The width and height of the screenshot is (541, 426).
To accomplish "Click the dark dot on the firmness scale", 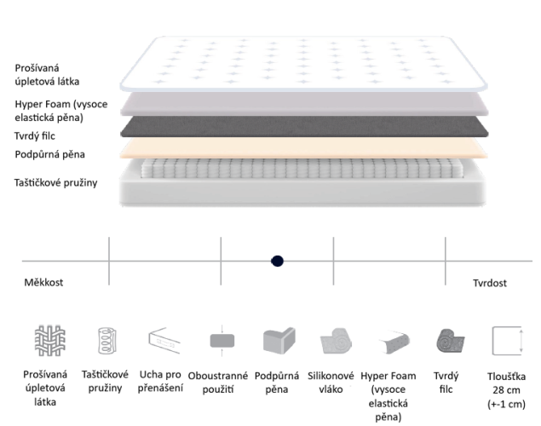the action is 277,261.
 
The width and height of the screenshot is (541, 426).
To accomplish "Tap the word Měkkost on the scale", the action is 43,283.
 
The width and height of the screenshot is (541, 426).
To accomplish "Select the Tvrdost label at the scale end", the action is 490,283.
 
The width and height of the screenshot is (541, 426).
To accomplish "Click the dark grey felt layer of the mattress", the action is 304,127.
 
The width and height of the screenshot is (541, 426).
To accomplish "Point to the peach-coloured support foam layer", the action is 304,148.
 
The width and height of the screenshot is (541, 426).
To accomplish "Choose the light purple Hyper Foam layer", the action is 304,104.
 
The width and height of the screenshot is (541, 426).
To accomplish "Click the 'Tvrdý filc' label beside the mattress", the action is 34,136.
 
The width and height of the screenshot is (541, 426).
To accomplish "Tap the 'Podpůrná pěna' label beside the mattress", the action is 49,154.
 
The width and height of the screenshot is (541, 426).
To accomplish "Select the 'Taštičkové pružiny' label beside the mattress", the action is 55,183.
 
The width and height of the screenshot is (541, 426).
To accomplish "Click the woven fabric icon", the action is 50,341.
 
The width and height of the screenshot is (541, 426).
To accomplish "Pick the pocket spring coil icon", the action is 107,341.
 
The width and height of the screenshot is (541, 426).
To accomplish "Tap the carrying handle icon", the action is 164,341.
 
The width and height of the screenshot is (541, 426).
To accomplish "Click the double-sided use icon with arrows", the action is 222,341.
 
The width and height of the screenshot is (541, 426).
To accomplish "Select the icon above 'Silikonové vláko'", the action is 336,341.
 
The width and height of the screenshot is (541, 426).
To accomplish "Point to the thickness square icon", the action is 507,341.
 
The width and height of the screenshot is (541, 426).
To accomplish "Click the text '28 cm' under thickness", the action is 506,390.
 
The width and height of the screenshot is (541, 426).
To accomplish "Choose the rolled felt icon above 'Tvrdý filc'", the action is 450,341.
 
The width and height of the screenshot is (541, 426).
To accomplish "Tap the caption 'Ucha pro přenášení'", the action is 160,382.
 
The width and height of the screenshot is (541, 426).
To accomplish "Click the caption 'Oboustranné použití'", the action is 218,383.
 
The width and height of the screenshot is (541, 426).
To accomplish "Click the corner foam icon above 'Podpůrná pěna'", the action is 279,341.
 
